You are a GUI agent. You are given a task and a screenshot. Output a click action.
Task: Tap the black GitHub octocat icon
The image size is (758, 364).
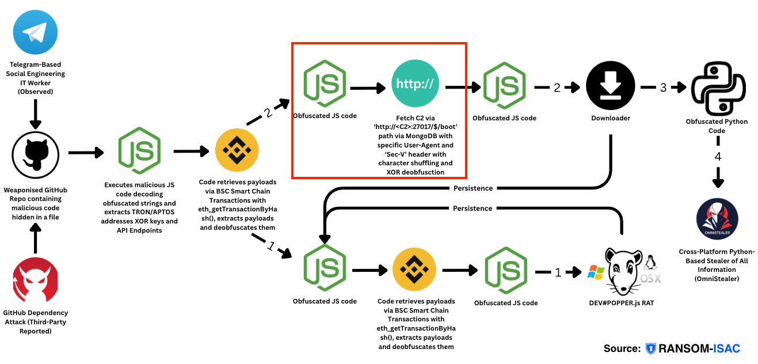coord(35,155)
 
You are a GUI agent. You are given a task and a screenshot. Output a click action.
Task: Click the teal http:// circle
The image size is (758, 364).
coord(415,85)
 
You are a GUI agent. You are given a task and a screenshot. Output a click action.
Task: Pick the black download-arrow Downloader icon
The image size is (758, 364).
coord(610,85)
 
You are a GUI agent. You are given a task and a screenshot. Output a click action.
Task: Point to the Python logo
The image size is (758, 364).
coord(717,89)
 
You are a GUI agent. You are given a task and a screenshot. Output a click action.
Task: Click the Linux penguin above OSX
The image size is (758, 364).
coord(652,262)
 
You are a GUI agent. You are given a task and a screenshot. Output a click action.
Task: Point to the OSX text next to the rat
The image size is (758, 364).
coord(651,279)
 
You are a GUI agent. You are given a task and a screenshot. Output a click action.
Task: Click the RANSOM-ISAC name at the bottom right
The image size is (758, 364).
coord(699,348)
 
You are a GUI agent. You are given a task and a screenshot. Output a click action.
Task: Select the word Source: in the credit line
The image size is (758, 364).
coord(622,348)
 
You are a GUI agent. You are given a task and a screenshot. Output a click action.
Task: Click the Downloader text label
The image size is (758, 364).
coord(610,118)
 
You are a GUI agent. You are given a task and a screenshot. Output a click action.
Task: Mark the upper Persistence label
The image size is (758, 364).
coord(473,188)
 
